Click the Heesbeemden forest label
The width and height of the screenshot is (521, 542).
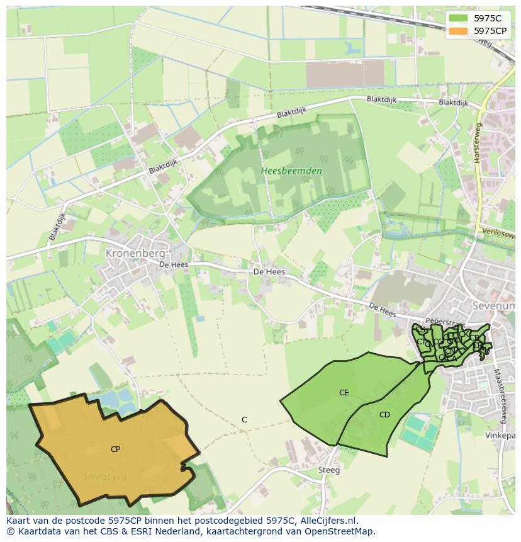pos(291,171)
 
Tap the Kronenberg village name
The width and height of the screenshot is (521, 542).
pos(135,253)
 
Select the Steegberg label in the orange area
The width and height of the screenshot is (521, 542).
pos(105,477)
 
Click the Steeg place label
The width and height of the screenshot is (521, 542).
pos(328,470)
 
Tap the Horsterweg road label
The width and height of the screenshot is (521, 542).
pos(478,143)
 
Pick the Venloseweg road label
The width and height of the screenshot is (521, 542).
pos(498,232)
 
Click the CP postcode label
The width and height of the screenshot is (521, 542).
pos(115,449)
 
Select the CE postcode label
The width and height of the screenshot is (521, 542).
pos(344,393)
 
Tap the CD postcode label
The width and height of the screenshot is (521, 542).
pos(384,414)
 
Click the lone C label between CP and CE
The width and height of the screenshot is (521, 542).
pos(244,420)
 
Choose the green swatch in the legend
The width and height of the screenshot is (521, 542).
pos(459,18)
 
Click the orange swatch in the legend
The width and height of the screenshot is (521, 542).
pos(459,31)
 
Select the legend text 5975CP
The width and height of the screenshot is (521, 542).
pos(490,31)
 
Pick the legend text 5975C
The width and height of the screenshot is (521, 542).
pos(488,18)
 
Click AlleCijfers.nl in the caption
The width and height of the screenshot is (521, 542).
pos(327,521)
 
